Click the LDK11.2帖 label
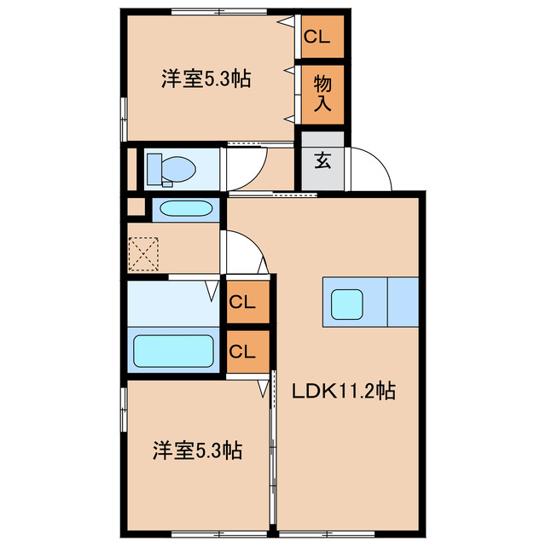[343, 392]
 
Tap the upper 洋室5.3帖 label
[206, 80]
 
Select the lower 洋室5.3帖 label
[197, 450]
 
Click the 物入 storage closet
[322, 94]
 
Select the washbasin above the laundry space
[186, 209]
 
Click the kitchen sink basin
[347, 303]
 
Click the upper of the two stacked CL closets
[247, 300]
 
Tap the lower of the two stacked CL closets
[247, 351]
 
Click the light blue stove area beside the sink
[403, 302]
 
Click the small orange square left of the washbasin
[135, 207]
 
